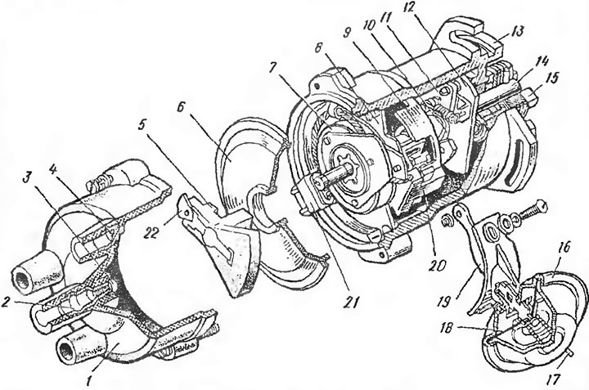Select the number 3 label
26,179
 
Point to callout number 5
142,123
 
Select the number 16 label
566,248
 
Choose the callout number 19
445,301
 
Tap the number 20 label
438,266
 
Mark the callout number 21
352,301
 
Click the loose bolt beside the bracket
531,210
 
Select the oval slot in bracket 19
491,232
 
